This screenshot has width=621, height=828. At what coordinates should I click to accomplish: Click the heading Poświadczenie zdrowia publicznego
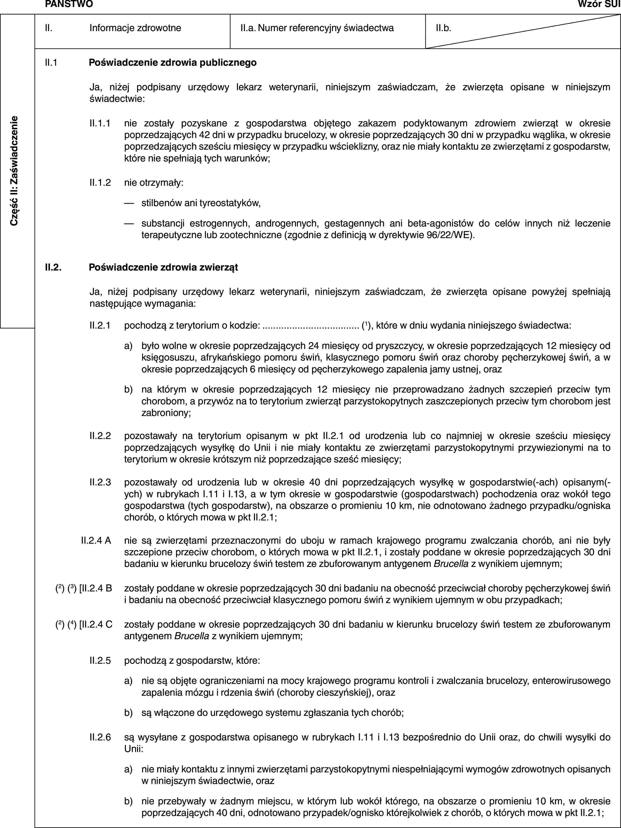(x=173, y=62)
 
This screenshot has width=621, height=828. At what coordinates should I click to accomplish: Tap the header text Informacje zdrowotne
(x=135, y=28)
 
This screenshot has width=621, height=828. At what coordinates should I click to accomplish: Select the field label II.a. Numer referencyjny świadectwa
(x=317, y=28)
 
